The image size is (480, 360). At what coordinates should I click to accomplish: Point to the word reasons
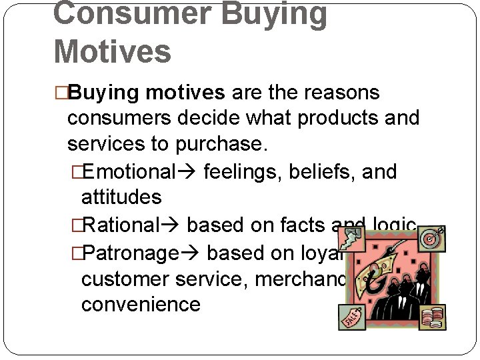pyautogui.click(x=340, y=92)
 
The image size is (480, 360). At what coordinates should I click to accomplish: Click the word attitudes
pyautogui.click(x=121, y=197)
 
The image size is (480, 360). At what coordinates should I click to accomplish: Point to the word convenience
pyautogui.click(x=141, y=305)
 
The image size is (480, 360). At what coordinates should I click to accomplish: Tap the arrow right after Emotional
pyautogui.click(x=189, y=172)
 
